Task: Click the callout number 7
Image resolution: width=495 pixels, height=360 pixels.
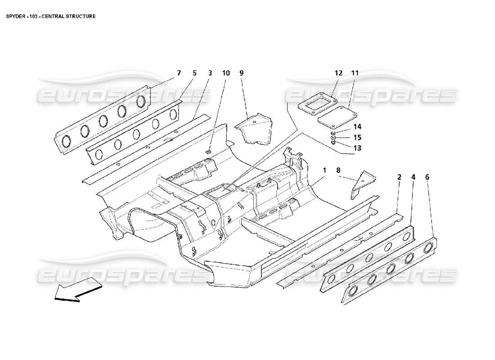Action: coord(179,72)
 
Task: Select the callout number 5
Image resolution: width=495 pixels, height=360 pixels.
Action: coord(194,72)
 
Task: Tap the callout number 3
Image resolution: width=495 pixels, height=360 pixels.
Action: coord(210,72)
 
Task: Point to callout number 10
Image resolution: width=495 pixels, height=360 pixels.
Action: coord(226,72)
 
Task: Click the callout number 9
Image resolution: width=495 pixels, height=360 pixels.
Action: coord(241,72)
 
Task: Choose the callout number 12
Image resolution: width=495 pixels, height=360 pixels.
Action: coord(338,72)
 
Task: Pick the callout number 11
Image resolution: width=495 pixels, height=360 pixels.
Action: coord(355,72)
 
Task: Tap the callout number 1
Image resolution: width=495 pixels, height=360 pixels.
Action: coord(324,170)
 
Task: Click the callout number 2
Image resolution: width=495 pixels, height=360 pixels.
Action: coord(399,177)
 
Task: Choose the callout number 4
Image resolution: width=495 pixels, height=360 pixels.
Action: coord(413,177)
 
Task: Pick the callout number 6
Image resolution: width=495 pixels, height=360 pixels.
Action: coord(427,177)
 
